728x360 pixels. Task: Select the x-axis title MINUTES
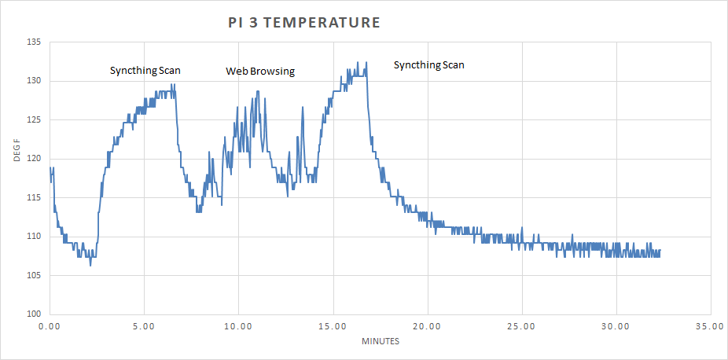point(381,341)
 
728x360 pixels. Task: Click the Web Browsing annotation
point(260,72)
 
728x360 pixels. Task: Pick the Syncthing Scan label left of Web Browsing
point(145,71)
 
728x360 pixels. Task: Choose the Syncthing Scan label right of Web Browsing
point(428,64)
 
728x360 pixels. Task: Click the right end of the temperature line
point(660,251)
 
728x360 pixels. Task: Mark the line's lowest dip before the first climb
point(90,266)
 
